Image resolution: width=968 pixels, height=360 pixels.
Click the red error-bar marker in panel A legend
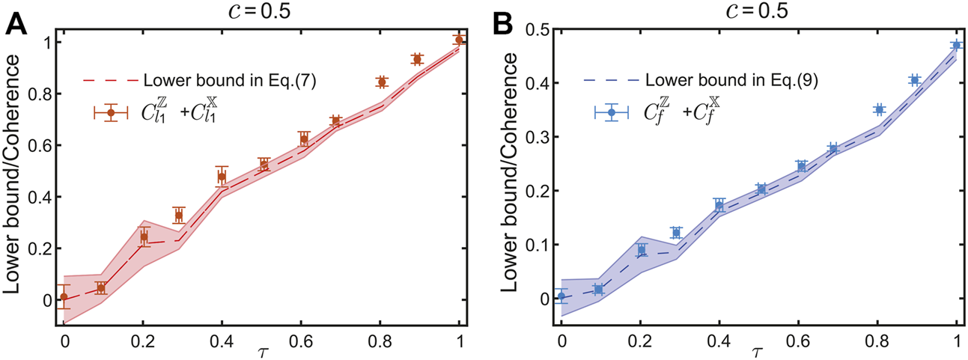point(111,112)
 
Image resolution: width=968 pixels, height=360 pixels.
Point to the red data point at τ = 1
point(459,40)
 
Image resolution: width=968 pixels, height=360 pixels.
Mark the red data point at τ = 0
point(64,296)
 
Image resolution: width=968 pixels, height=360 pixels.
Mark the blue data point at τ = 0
point(561,296)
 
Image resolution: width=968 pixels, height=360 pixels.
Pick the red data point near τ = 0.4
point(222,177)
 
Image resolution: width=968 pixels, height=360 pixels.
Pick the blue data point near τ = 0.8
point(879,109)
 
